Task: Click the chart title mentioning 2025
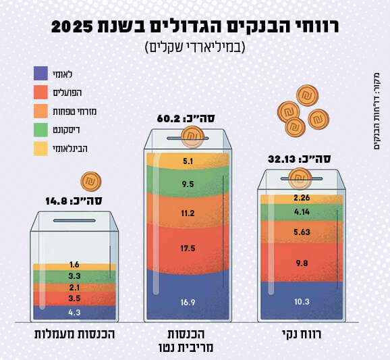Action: (195, 27)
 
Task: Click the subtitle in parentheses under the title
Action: (195, 47)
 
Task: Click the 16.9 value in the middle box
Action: (188, 303)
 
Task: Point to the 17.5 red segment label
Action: (188, 249)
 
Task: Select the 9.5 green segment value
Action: (188, 184)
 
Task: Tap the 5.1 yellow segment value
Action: (188, 162)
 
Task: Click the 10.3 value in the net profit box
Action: (302, 301)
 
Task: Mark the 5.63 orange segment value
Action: (302, 231)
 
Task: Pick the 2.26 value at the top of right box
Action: (302, 198)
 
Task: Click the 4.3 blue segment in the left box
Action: (74, 312)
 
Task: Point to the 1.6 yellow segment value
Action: (74, 265)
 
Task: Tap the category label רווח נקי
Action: (301, 334)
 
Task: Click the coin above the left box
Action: (90, 182)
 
